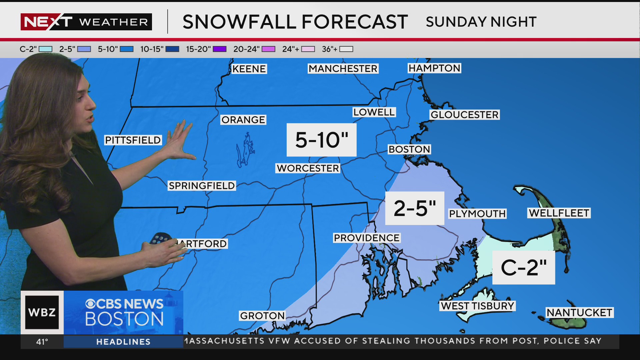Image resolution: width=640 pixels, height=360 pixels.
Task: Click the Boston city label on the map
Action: tap(409, 149)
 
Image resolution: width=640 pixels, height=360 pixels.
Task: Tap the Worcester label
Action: tap(308, 168)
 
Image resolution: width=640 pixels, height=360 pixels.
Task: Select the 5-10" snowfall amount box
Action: tap(322, 140)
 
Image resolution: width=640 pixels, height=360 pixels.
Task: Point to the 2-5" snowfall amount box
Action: tap(415, 208)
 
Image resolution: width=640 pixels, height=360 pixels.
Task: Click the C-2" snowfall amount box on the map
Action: tap(524, 267)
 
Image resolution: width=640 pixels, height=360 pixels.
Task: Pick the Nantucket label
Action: tap(579, 313)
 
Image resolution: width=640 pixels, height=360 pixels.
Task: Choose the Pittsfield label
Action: tap(133, 140)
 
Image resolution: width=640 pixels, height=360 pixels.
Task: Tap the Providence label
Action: tap(367, 238)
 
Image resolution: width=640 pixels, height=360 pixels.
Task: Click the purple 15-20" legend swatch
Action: tap(220, 49)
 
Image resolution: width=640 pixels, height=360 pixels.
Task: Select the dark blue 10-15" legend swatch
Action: tap(172, 49)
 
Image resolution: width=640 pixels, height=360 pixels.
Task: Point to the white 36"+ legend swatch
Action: tap(346, 49)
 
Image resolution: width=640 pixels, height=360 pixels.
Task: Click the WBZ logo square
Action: tap(42, 312)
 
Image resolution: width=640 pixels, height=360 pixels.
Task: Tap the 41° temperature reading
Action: tap(42, 342)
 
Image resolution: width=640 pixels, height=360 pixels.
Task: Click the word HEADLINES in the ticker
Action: tap(123, 342)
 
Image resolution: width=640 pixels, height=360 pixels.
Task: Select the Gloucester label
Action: tap(464, 115)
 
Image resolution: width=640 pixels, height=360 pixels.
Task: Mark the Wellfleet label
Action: tap(559, 213)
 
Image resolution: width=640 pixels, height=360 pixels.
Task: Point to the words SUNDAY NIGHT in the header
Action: tap(481, 22)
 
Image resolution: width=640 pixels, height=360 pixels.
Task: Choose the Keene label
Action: tap(249, 69)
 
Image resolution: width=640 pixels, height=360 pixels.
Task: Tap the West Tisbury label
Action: tap(477, 306)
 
